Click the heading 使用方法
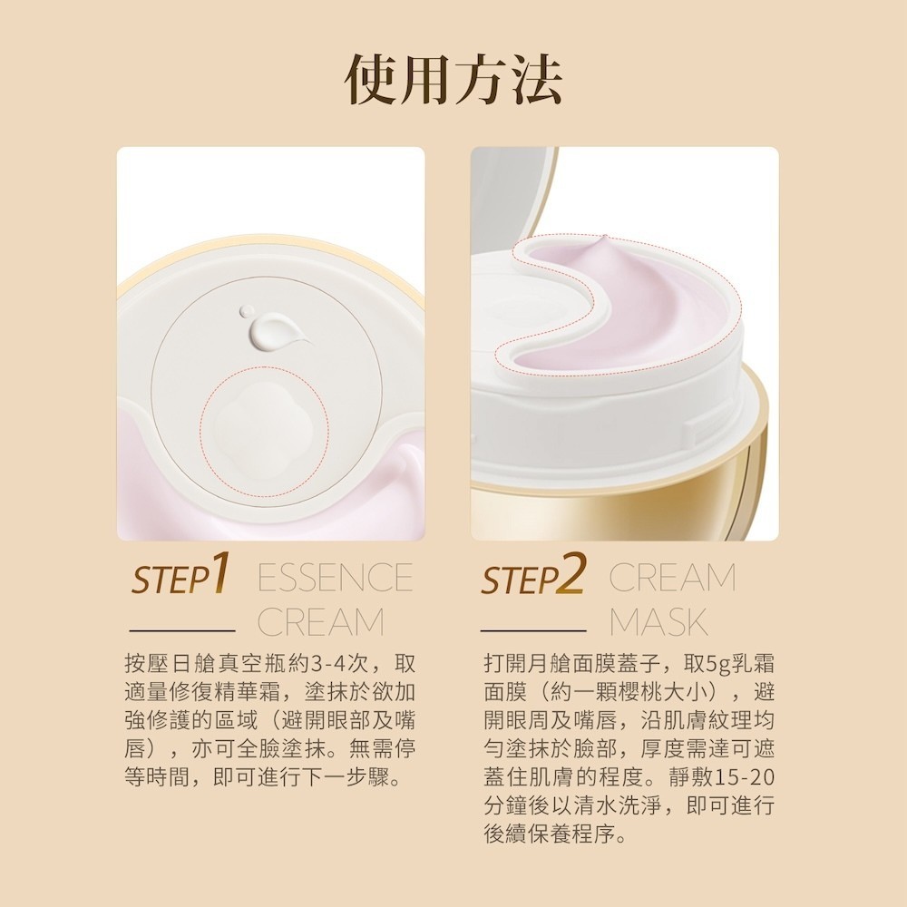pos(453,79)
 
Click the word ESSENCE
pos(336,577)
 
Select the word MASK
pos(658,622)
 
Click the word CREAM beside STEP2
pos(672,577)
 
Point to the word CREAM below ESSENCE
pos(320,622)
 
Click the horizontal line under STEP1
pos(182,630)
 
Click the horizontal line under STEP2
pos(533,630)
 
